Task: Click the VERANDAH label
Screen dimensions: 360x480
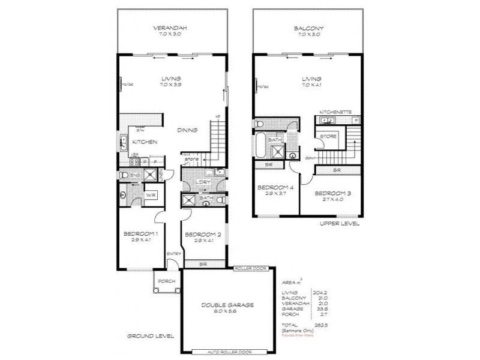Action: point(171,28)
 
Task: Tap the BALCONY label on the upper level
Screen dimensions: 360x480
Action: point(308,28)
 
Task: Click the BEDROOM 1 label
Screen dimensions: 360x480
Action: point(140,233)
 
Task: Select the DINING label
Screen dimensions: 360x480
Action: point(188,131)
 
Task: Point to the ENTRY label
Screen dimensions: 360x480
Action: point(174,254)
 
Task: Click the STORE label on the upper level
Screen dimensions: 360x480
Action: point(329,137)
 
